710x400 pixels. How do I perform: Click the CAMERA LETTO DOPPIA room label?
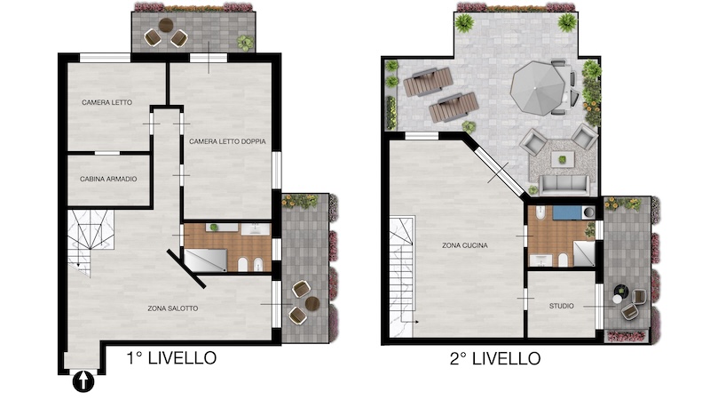[x=227, y=141]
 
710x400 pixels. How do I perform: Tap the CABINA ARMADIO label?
[x=108, y=180]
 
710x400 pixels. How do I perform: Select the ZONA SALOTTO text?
[x=173, y=308]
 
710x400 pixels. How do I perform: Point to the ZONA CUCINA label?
[x=465, y=245]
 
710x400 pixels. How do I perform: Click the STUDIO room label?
[x=562, y=306]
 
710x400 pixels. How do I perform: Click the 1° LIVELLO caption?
[x=171, y=358]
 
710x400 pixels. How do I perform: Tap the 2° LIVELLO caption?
[x=495, y=359]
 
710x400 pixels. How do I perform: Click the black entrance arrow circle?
[x=83, y=381]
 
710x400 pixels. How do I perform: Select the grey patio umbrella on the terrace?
[x=538, y=88]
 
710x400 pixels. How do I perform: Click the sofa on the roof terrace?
[x=564, y=184]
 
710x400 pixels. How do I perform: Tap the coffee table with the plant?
[x=563, y=160]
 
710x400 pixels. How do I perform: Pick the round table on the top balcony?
[x=166, y=25]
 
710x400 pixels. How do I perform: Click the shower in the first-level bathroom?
[x=206, y=260]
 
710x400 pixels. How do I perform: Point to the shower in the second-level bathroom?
[x=584, y=253]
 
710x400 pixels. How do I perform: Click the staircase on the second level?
[x=402, y=276]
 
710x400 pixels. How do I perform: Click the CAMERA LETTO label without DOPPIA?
[x=106, y=102]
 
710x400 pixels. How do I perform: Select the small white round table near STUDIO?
[x=618, y=299]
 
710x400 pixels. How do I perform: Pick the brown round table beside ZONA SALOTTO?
[x=312, y=303]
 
